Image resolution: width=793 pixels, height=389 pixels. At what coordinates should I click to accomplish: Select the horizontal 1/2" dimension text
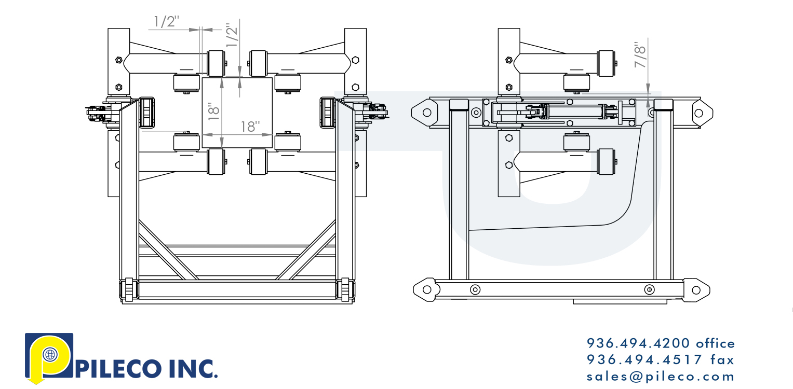pyautogui.click(x=166, y=22)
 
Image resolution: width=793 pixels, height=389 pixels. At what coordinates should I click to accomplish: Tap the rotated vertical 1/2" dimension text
pyautogui.click(x=232, y=35)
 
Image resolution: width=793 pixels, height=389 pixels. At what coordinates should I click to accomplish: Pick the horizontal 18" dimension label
pyautogui.click(x=250, y=127)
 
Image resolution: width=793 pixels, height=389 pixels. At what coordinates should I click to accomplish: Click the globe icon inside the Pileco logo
pyautogui.click(x=50, y=355)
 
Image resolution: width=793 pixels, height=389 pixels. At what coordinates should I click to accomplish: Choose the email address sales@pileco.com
pyautogui.click(x=661, y=377)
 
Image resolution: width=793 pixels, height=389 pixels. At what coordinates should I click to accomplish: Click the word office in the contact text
pyautogui.click(x=715, y=343)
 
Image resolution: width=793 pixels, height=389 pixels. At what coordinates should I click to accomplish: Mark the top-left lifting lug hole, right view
pyautogui.click(x=426, y=112)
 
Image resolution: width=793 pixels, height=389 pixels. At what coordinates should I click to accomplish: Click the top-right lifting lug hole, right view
pyautogui.click(x=698, y=113)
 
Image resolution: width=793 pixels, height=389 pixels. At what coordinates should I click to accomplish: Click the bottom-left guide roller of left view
pyautogui.click(x=128, y=289)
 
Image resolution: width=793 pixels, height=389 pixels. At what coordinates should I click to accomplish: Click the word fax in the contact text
pyautogui.click(x=721, y=359)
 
